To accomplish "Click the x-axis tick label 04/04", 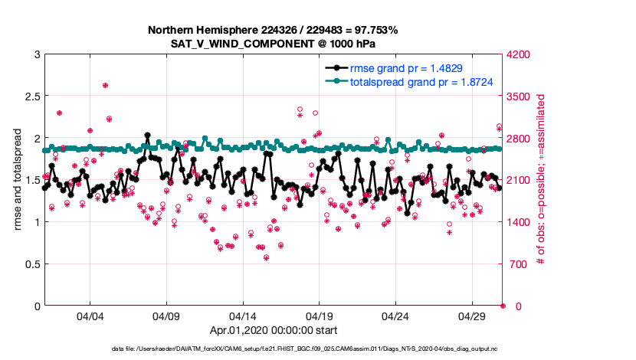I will click(90, 316).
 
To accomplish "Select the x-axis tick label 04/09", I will click(166, 316).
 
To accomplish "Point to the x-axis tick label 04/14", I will click(243, 316).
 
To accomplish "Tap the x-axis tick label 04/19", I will click(319, 316).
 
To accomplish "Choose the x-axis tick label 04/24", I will click(395, 316).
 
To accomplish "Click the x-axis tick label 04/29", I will click(472, 316).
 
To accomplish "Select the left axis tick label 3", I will click(34, 54).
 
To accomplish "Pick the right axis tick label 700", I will click(516, 264).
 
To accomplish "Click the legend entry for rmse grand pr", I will click(406, 68).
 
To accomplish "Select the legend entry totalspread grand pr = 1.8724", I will click(421, 81).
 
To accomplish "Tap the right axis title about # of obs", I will click(541, 180).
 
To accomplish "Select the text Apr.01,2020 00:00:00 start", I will click(273, 332).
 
